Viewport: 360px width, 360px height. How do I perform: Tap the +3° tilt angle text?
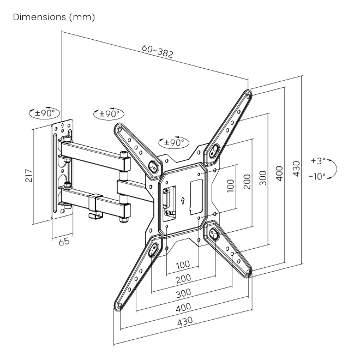click(x=317, y=161)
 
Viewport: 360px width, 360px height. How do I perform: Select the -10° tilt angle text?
click(x=317, y=177)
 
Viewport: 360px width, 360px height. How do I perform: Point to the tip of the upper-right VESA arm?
click(x=248, y=94)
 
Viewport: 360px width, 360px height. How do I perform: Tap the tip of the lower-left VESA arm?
click(x=118, y=307)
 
